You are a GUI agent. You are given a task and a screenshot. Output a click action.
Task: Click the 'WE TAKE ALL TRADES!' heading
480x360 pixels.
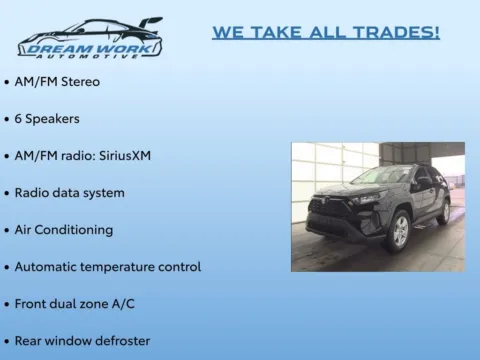coord(325,33)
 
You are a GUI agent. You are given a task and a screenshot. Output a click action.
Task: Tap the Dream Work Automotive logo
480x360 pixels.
coord(89,39)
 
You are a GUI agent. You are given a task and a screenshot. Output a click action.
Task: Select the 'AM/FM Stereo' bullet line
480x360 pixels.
coord(57,81)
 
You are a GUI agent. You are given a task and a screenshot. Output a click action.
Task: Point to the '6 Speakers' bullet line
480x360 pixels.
coord(47,118)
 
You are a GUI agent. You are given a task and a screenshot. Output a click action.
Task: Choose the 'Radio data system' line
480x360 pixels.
coord(69,192)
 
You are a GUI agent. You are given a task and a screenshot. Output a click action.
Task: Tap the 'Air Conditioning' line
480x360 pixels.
coord(63,229)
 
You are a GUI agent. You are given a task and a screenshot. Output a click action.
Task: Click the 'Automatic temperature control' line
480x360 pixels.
coord(107,267)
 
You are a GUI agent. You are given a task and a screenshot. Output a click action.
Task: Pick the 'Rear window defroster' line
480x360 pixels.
coord(82,340)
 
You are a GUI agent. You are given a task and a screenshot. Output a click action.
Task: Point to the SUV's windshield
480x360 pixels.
coord(380,176)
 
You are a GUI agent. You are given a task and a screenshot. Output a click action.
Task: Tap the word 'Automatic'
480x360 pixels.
coord(46,267)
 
